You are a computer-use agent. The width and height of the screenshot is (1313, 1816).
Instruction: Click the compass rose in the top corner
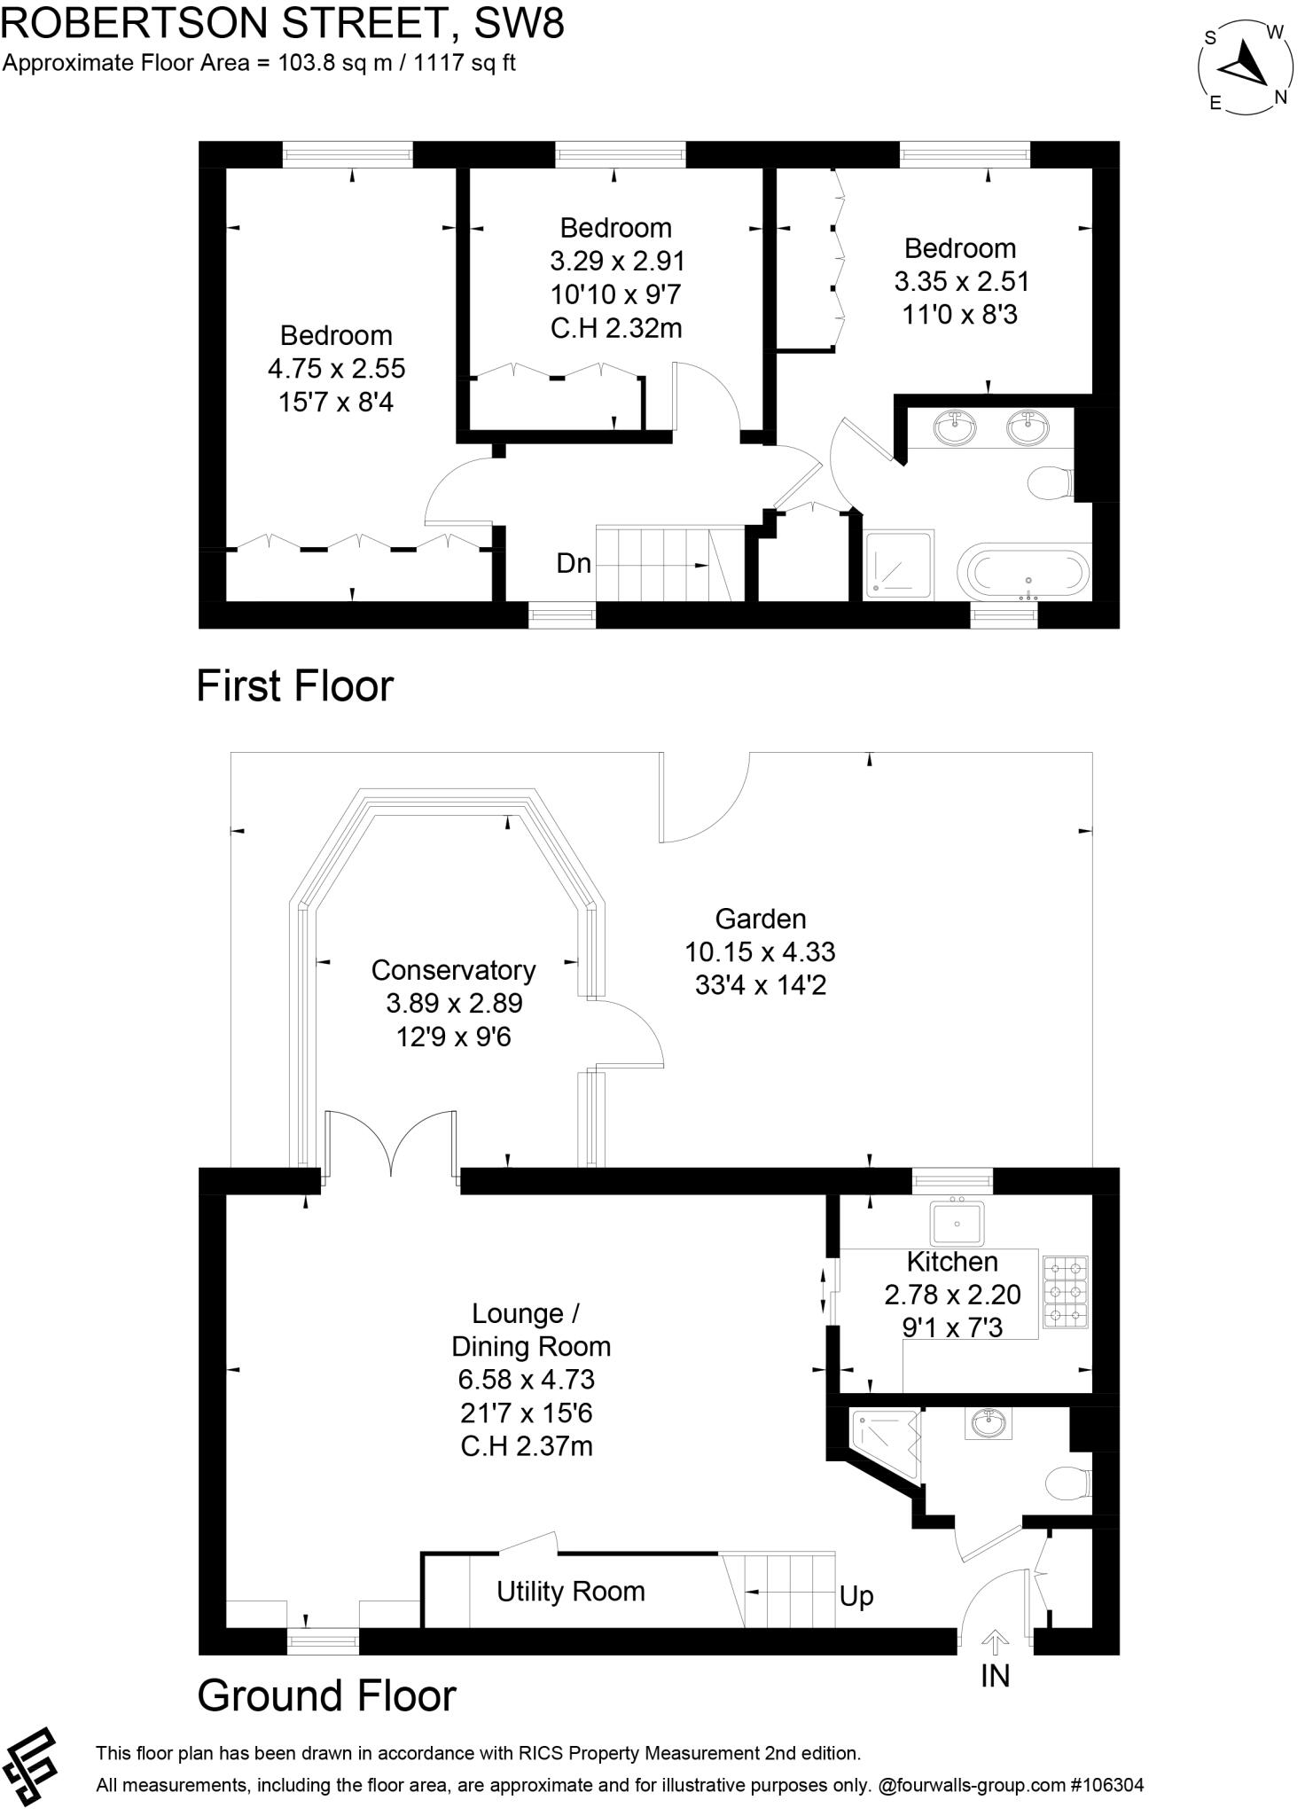(1245, 67)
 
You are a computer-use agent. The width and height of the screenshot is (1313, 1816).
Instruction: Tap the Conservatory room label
(453, 970)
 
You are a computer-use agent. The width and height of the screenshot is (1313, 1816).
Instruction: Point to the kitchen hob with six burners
(1066, 1292)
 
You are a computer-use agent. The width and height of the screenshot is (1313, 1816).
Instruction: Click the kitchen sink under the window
(957, 1223)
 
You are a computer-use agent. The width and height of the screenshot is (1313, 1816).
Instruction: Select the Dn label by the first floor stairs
(574, 563)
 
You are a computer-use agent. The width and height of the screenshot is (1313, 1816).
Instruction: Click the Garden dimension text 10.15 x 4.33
(760, 951)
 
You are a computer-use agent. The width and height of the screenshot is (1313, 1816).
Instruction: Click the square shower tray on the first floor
(899, 565)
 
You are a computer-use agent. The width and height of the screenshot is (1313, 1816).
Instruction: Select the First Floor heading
(294, 686)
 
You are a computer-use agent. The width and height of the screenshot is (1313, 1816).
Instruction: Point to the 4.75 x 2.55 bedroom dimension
(337, 368)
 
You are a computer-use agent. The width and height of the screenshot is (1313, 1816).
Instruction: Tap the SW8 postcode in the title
(520, 23)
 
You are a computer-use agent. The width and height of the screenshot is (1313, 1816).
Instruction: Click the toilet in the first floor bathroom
(1051, 483)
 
